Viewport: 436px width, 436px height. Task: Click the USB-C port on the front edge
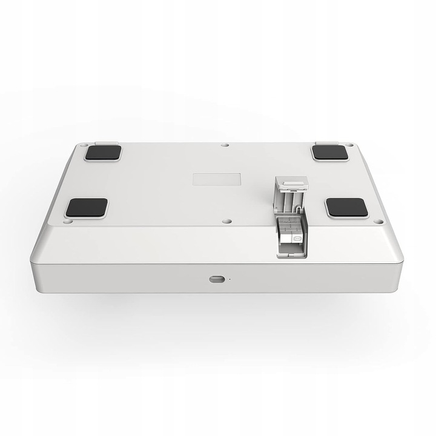(x=215, y=279)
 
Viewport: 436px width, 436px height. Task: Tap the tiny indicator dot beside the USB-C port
(x=229, y=279)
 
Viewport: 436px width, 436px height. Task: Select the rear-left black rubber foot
(x=102, y=153)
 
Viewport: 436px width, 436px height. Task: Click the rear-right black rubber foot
(x=330, y=153)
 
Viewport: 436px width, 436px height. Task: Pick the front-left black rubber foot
(x=87, y=208)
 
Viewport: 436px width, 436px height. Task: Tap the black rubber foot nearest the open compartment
(x=346, y=208)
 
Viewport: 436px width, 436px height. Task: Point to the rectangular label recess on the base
(x=217, y=180)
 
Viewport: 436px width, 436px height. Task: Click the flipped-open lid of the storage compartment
(x=290, y=194)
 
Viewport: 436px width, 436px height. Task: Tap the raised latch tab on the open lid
(x=289, y=181)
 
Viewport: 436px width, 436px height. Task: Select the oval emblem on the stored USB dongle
(x=297, y=239)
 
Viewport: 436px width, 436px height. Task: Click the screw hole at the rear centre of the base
(x=225, y=145)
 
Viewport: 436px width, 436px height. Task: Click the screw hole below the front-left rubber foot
(x=68, y=222)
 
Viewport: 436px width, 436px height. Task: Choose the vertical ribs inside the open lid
(x=289, y=200)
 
